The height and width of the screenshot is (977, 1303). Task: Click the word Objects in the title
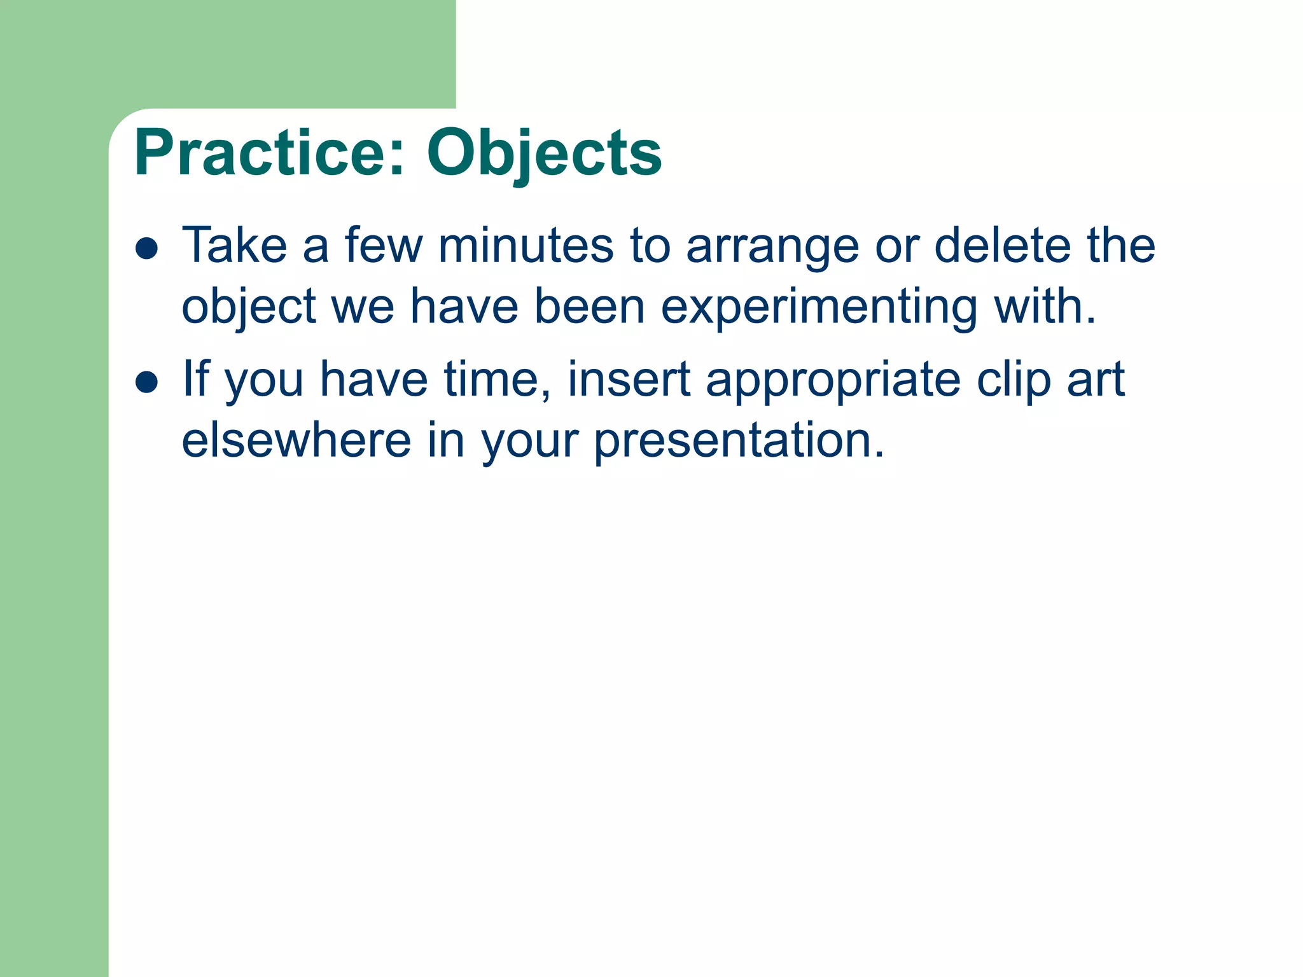click(544, 153)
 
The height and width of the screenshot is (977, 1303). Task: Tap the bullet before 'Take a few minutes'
click(146, 249)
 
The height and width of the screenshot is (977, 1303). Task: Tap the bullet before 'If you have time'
click(146, 383)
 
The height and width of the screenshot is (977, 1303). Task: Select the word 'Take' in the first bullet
click(235, 246)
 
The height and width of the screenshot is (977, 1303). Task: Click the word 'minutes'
click(526, 246)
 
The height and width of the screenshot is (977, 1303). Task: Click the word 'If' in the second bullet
click(196, 379)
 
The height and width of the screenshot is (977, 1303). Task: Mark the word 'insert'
click(629, 380)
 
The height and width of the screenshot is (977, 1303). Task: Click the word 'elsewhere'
click(296, 440)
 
